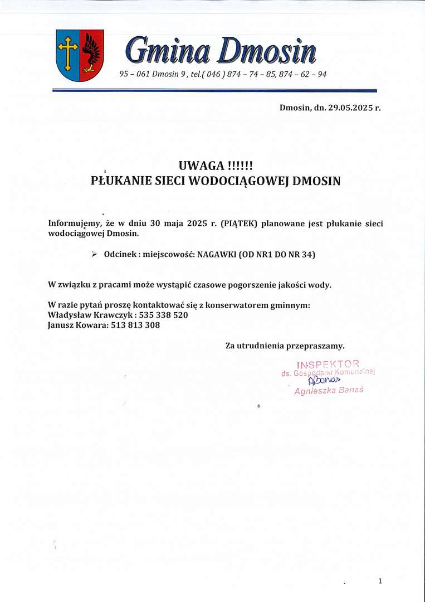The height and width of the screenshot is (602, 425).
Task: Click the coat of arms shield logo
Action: point(80,55)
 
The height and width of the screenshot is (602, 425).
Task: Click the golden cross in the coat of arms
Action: point(68,53)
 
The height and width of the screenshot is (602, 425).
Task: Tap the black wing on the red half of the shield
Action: point(91,53)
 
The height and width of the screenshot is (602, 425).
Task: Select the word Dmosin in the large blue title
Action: point(267,51)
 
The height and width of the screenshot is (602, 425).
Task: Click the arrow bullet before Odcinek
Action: point(94,254)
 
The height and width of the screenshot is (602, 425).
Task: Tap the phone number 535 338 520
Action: point(164,315)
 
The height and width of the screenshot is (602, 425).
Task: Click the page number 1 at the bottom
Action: point(380,581)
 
